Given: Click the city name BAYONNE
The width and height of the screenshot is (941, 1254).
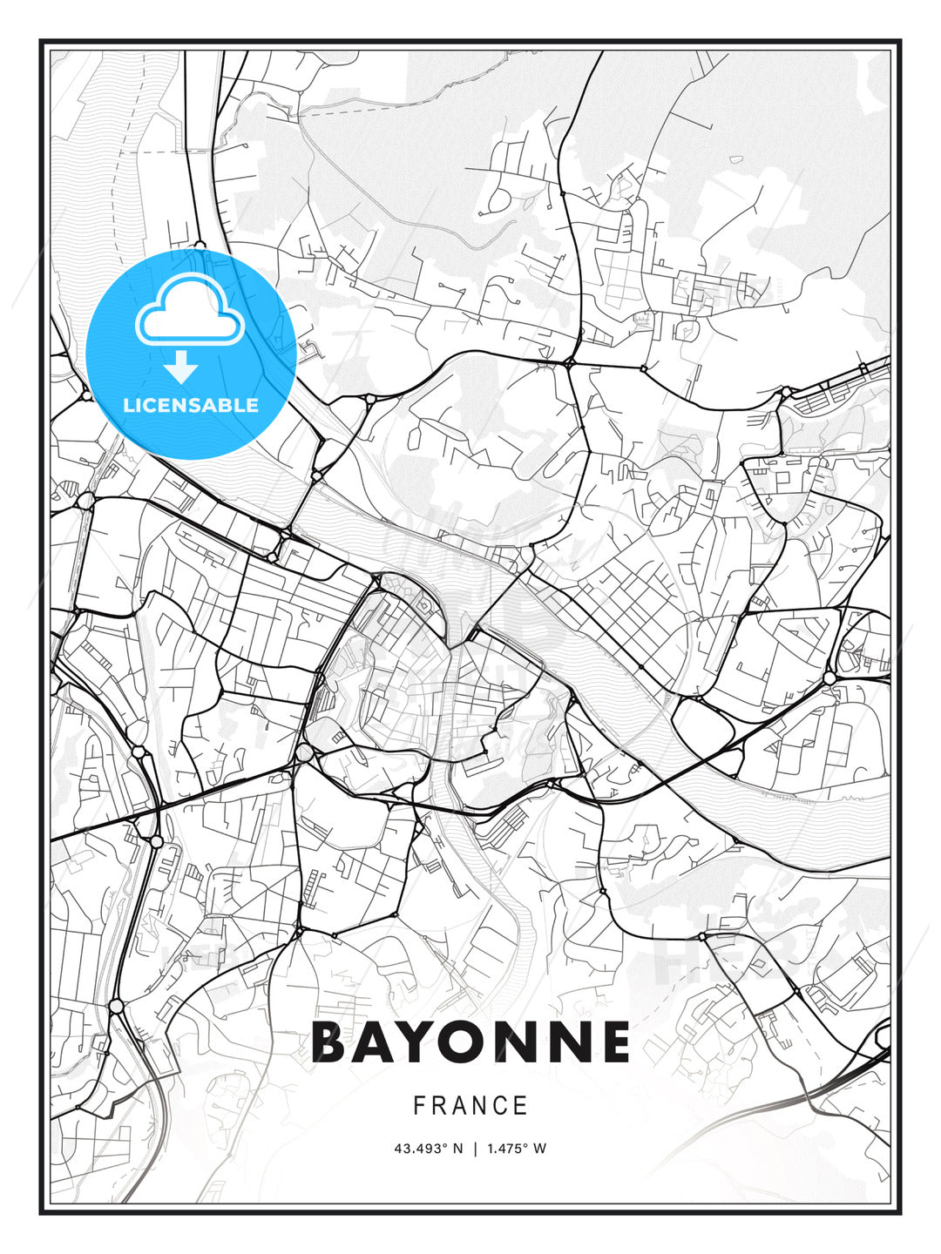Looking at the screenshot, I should pyautogui.click(x=470, y=1042).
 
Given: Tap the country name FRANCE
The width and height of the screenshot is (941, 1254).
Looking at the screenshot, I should pyautogui.click(x=470, y=1106).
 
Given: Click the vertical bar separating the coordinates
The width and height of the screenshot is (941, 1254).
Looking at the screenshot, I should pyautogui.click(x=476, y=1149).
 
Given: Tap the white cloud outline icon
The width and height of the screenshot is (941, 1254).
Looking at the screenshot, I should pyautogui.click(x=189, y=311).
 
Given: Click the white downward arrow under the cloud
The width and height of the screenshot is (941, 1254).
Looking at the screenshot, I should pyautogui.click(x=181, y=367).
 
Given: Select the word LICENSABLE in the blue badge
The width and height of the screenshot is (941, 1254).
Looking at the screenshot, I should pyautogui.click(x=191, y=405).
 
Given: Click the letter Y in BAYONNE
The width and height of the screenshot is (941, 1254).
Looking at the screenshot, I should pyautogui.click(x=424, y=1042).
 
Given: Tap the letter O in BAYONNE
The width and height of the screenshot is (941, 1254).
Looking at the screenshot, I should pyautogui.click(x=473, y=1042).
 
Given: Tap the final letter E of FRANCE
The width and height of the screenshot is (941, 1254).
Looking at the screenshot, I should pyautogui.click(x=521, y=1106).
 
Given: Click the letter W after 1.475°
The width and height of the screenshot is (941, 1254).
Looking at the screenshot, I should pyautogui.click(x=540, y=1149).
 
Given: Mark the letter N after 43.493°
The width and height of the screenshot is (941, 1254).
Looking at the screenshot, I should pyautogui.click(x=458, y=1149).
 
